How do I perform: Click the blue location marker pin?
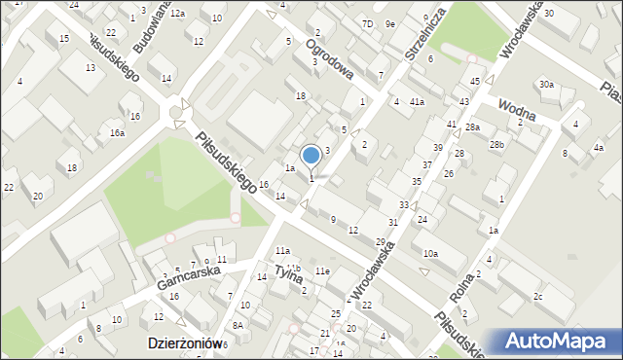[311, 156]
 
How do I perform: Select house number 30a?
[547, 85]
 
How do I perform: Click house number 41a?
[417, 102]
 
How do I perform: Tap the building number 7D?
[367, 23]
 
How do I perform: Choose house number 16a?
[117, 132]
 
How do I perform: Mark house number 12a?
[177, 14]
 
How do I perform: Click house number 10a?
[430, 253]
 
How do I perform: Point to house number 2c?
[537, 296]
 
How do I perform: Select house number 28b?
[497, 144]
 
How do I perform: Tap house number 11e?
[322, 270]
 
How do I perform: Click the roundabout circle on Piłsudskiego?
[176, 113]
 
